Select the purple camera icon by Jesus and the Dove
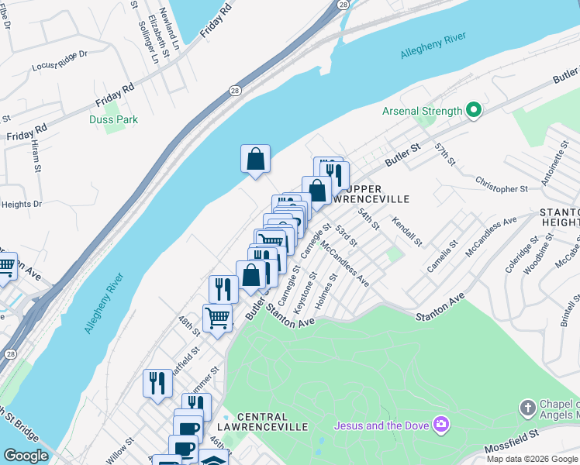coord(442,424)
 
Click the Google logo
coord(26,456)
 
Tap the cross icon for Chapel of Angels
coord(528,408)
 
